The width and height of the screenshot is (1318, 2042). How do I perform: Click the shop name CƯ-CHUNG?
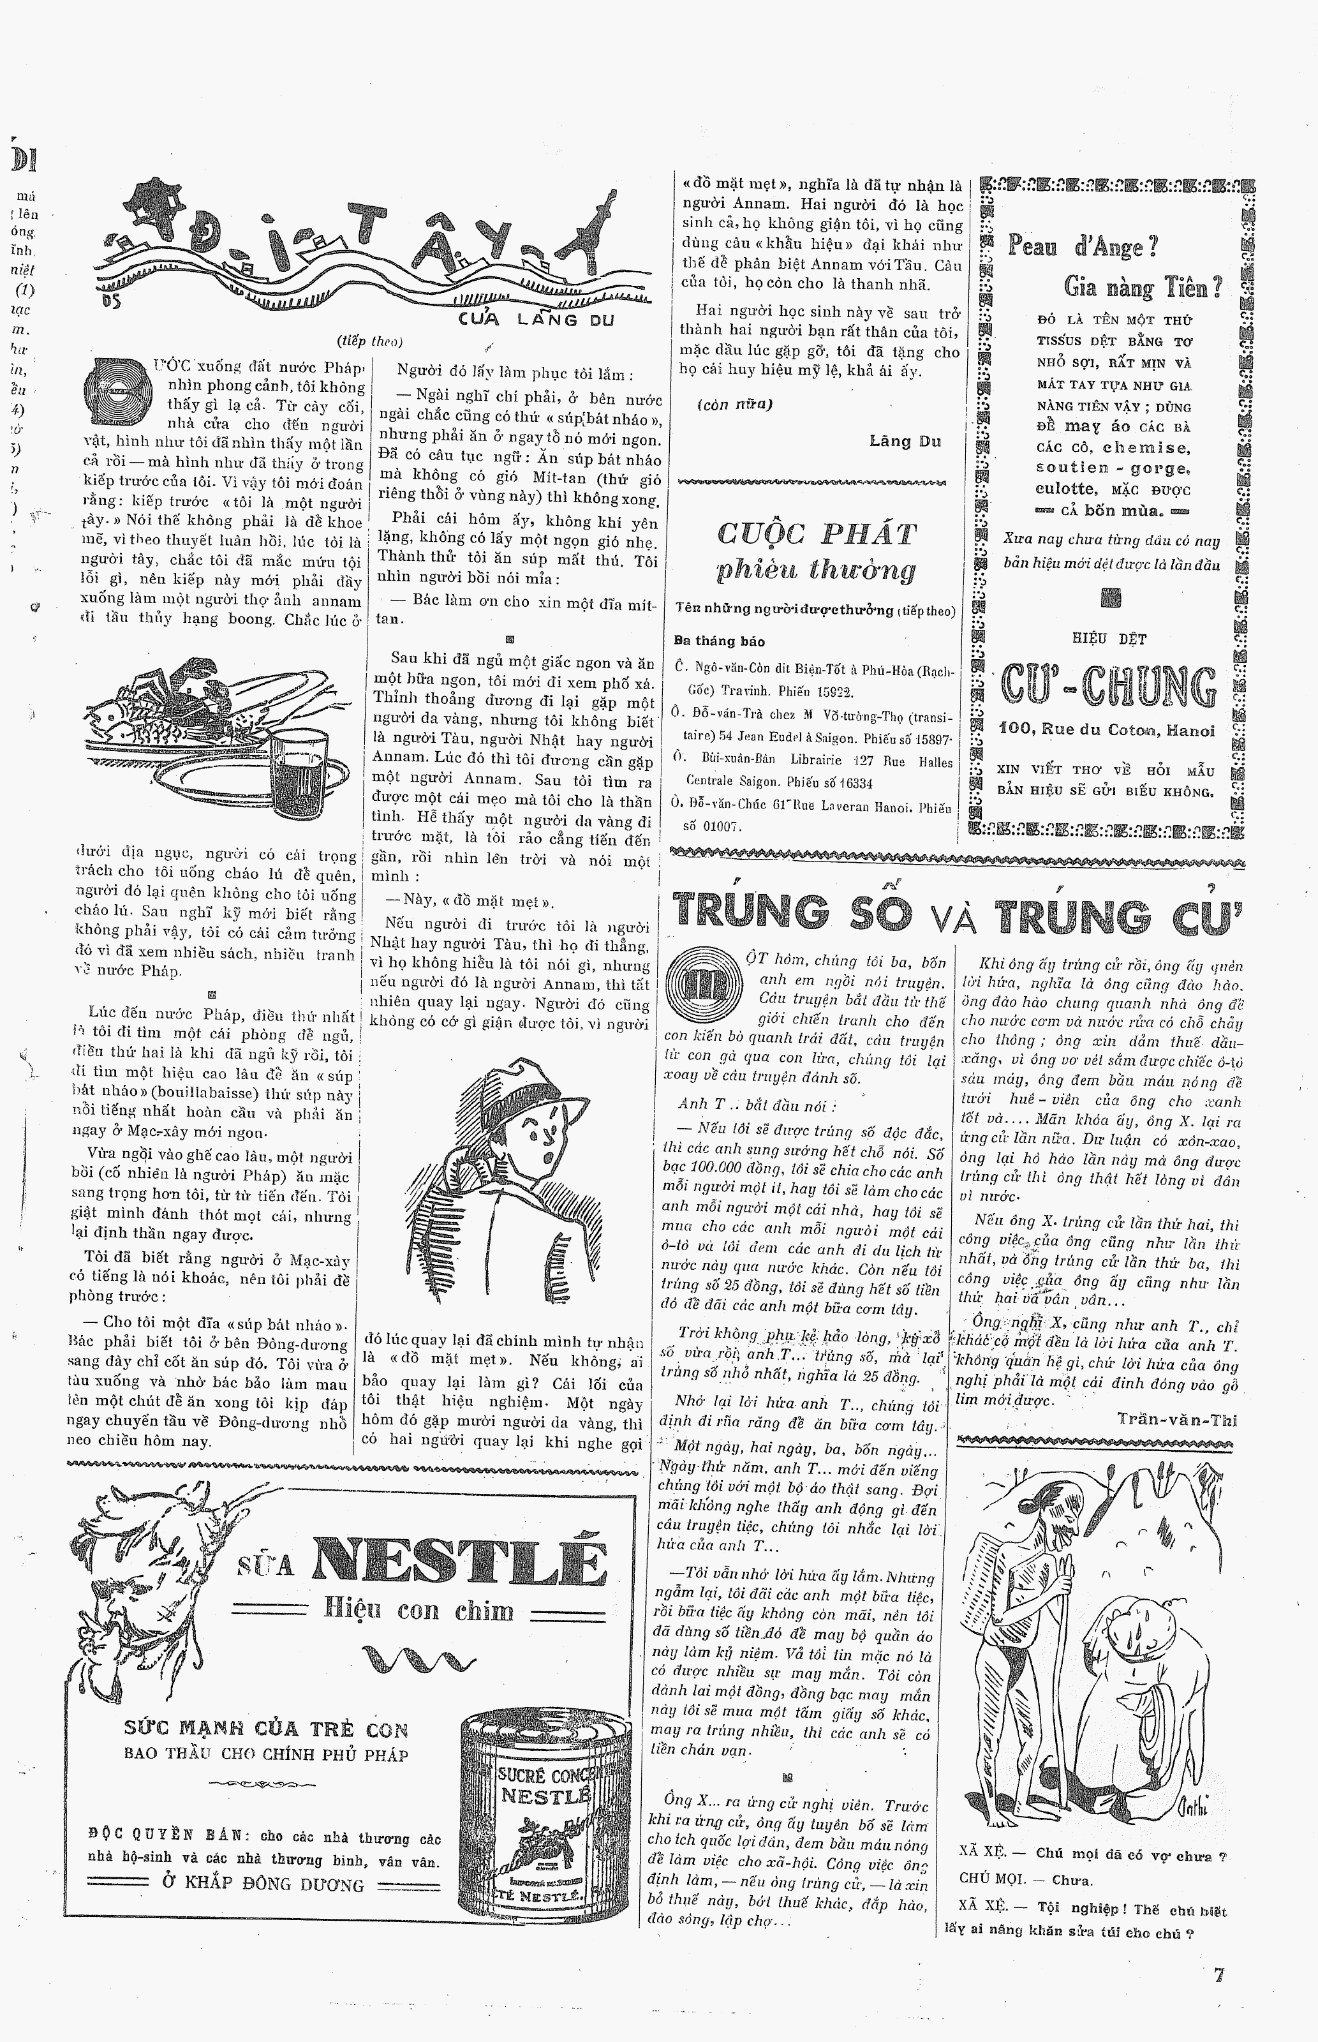1108,688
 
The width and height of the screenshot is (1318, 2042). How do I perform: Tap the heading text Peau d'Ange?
1083,248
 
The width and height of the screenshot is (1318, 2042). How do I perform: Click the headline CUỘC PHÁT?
816,534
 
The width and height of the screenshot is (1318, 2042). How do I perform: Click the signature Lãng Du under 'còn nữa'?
905,442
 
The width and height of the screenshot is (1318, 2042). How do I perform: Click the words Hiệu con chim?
418,1610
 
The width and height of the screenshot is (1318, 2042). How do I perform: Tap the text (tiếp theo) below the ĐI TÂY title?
370,341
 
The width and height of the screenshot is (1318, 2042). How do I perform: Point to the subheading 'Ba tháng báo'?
719,641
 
